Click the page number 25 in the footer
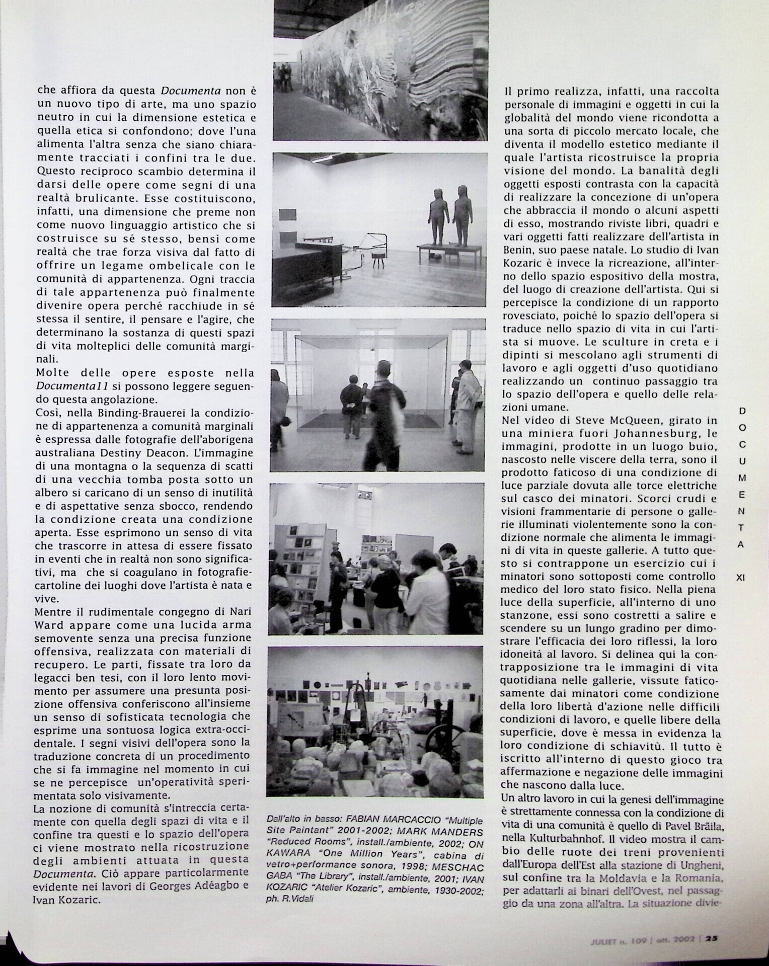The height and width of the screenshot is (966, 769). pos(712,938)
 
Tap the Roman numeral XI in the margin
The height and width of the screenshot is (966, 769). pos(740,578)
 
